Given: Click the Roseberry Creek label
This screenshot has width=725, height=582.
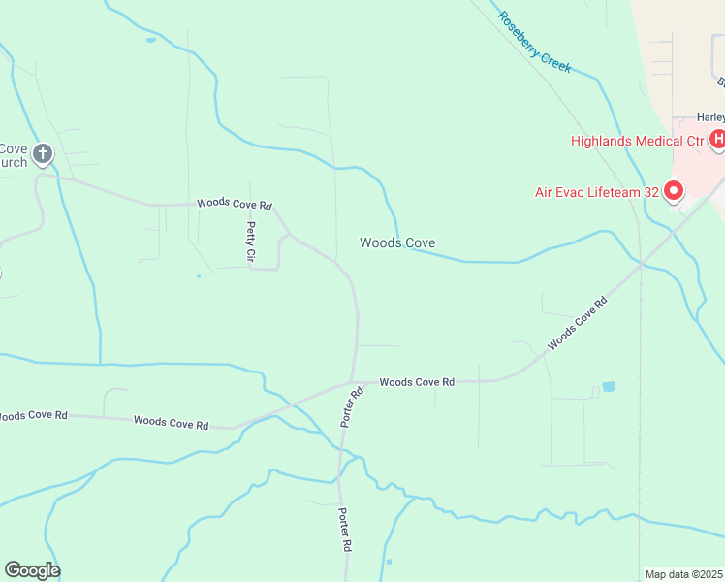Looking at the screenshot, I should coord(534,43).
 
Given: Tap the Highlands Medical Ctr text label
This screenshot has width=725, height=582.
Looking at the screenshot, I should coord(636,141).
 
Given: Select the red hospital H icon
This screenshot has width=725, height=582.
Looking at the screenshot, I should coord(718,141).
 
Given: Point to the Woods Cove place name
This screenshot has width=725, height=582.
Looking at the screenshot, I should coord(397,242).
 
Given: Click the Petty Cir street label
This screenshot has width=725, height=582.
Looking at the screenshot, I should coord(250,242).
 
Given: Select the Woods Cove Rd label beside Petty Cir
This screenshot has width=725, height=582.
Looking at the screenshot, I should coord(235,204).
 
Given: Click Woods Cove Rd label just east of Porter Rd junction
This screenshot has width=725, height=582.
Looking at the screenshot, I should coord(417,382).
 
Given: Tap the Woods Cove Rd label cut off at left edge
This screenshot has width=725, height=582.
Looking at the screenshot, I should coord(33,415).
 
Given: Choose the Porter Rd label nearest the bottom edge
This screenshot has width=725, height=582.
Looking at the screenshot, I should coord(344,530).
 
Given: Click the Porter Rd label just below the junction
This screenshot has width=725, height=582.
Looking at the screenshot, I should coord(351,407).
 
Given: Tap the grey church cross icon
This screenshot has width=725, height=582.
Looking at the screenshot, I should coord(42,152).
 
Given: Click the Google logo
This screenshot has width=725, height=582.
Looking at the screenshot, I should coord(32,570).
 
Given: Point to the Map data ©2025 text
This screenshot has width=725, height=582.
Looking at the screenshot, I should coord(683,574).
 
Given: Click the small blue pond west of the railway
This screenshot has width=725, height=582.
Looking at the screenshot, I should coord(609,386).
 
